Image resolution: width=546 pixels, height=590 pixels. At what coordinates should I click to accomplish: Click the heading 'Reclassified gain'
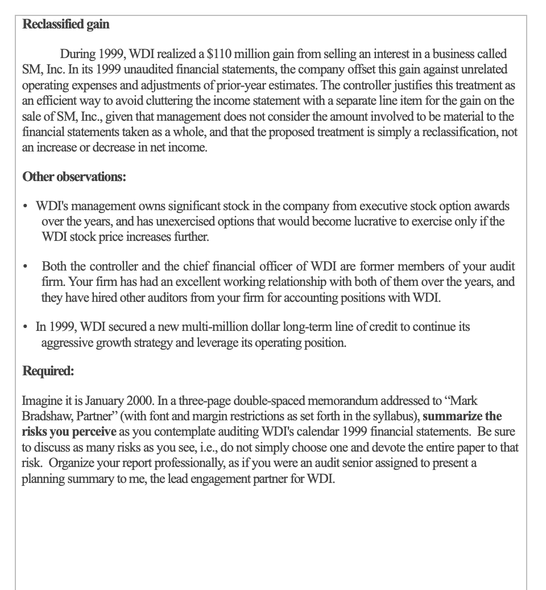[65, 24]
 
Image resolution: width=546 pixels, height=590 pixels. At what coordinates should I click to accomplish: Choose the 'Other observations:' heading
[74, 177]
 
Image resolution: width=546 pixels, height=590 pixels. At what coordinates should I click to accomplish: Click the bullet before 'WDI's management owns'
[26, 206]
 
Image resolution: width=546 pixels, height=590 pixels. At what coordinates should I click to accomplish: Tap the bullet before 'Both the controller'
[26, 267]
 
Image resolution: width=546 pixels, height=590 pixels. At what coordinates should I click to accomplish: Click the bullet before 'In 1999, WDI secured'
[26, 327]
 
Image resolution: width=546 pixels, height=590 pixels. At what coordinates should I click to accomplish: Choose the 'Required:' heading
[48, 371]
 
